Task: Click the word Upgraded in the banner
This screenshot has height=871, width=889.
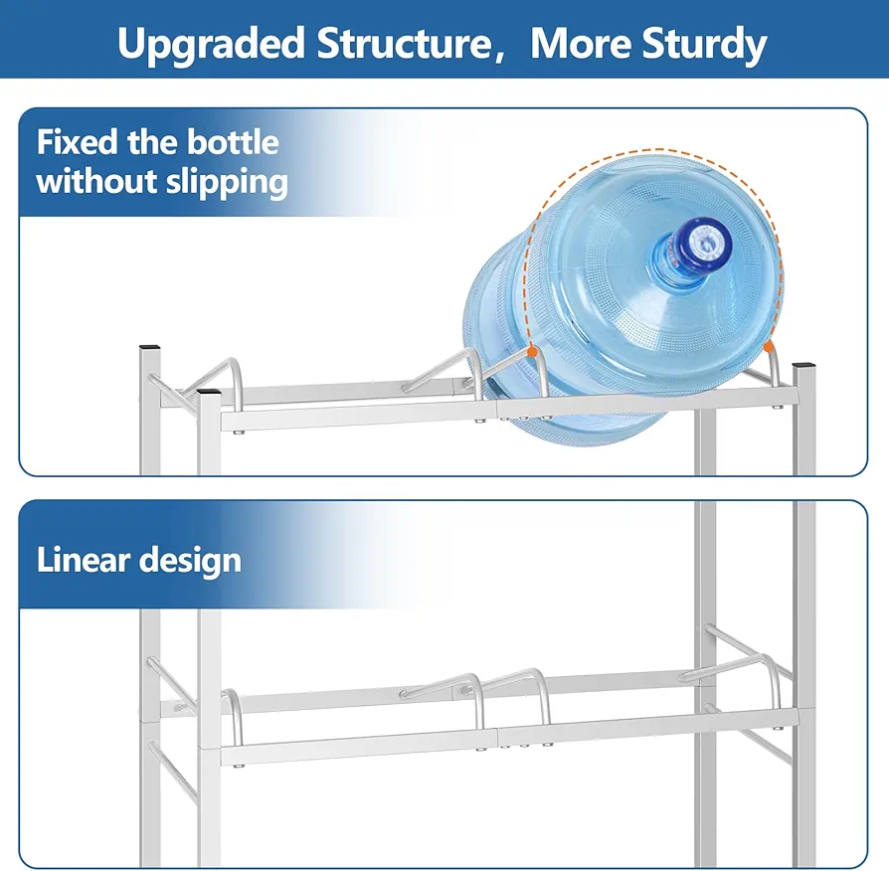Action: (212, 45)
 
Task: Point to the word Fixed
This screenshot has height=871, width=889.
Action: (78, 142)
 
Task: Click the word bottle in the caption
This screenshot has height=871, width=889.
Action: (233, 142)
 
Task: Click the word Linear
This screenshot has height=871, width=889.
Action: (84, 560)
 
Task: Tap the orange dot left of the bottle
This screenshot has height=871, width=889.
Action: (532, 352)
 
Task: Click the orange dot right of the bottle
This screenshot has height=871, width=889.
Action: (769, 345)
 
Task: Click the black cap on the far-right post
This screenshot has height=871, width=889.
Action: (803, 365)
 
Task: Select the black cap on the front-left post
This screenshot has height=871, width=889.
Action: (209, 392)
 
